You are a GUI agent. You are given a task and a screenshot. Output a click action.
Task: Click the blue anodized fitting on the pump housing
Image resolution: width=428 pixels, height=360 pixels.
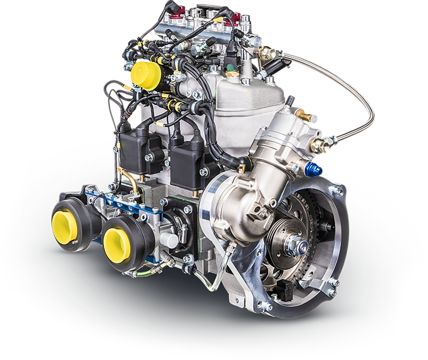[x=314, y=169]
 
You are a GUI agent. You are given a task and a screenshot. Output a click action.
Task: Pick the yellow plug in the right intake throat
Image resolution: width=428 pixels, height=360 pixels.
[x=116, y=241]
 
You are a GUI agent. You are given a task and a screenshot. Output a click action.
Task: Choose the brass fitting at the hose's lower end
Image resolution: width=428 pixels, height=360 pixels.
[x=320, y=145]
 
